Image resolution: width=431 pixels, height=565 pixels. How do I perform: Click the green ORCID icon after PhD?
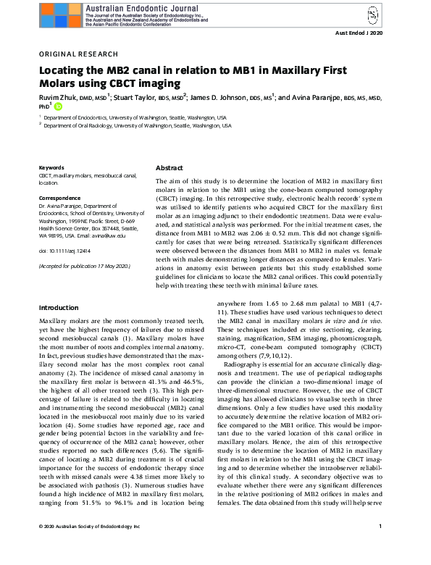pos(59,106)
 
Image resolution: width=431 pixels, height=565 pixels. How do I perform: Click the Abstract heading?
pos(169,167)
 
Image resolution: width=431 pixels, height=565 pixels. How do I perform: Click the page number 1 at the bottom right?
pos(381,546)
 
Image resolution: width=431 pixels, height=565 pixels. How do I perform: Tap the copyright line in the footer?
pos(89,546)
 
